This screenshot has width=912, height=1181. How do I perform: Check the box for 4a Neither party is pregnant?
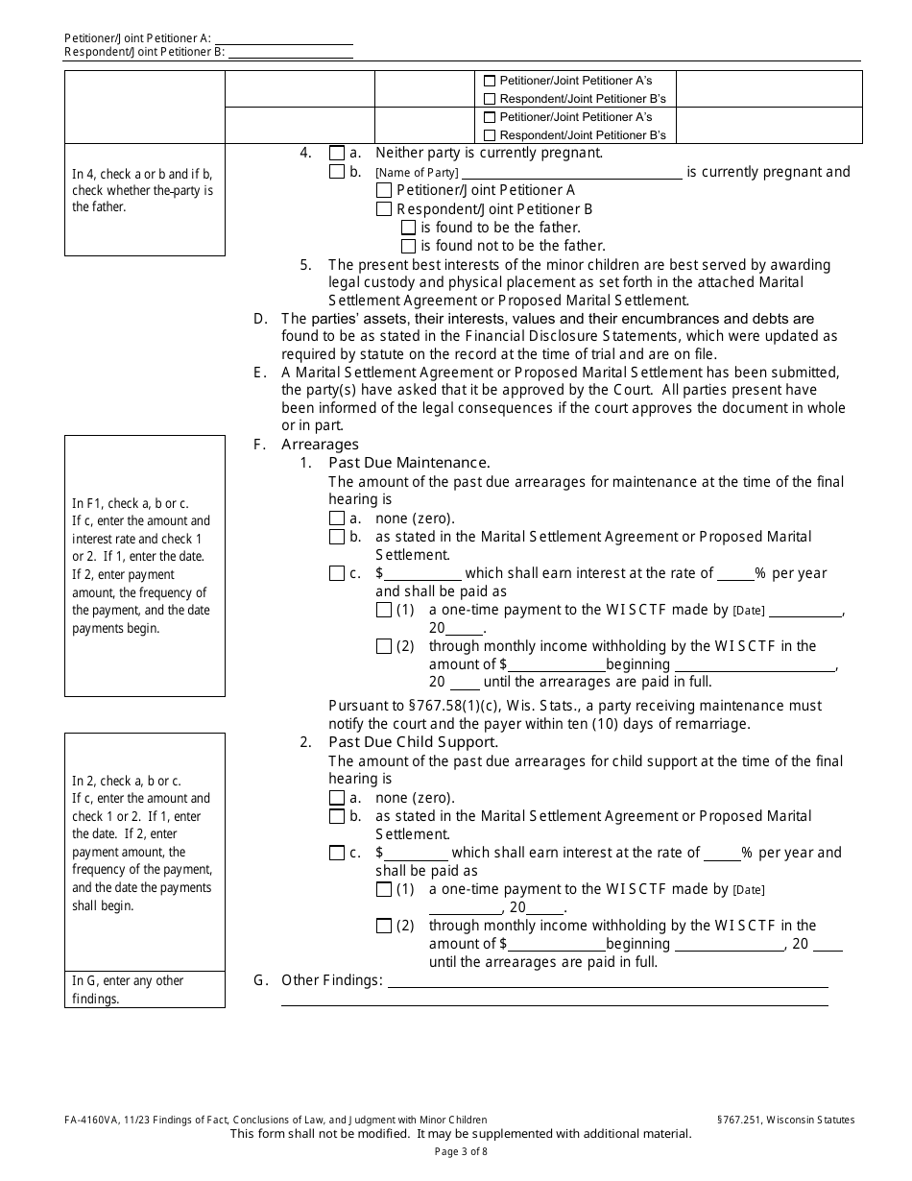tap(336, 153)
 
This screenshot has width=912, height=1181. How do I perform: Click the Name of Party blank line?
tap(571, 174)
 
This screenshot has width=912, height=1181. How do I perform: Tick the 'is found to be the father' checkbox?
tap(408, 228)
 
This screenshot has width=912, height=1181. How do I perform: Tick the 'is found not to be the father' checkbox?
tap(408, 246)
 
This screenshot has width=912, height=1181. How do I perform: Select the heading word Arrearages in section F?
tap(320, 445)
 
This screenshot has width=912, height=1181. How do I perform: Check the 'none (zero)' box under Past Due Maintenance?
tap(336, 518)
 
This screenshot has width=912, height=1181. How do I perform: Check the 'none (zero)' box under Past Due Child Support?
tap(336, 798)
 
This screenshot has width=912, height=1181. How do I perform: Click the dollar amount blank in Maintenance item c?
tap(424, 574)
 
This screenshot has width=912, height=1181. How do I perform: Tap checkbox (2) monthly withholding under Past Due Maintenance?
tap(384, 646)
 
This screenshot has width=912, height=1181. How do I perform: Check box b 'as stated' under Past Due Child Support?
tap(336, 816)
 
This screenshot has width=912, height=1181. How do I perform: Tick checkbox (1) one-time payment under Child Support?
tap(384, 890)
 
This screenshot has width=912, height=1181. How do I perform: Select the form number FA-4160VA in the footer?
tap(95, 1120)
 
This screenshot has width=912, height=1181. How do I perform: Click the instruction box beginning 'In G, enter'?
tap(144, 989)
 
